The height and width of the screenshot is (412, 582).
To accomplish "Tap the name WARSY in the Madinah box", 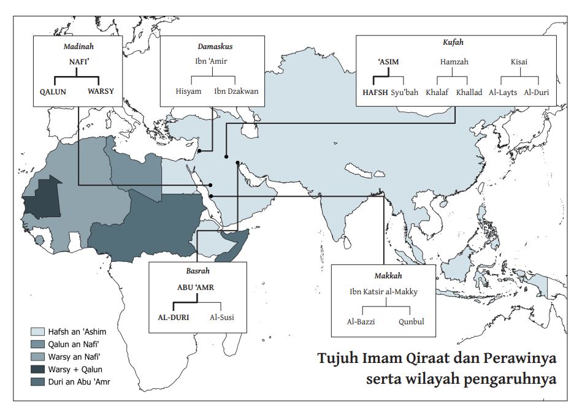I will point(101,91).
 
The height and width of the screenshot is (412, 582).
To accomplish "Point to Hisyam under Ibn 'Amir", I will point(188,91).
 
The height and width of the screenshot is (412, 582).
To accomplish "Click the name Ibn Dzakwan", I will point(236,91).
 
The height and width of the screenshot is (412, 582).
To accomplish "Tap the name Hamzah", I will point(454,62).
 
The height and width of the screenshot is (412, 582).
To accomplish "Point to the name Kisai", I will point(519,62).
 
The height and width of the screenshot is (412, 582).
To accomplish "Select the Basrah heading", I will point(197,270).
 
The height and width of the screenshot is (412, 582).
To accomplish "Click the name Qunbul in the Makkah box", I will point(411,321).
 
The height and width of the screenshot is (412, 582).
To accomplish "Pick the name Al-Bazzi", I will point(361,321).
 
